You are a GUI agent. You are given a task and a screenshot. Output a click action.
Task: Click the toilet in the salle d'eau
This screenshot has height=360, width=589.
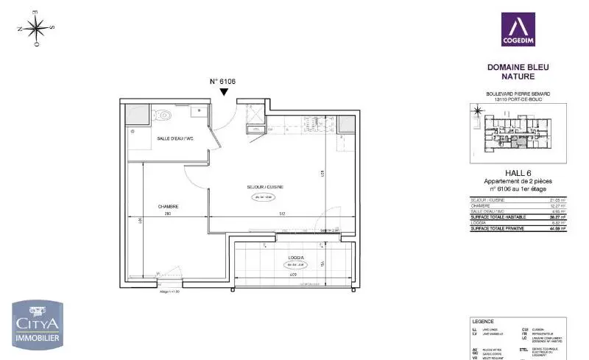click(x=163, y=114)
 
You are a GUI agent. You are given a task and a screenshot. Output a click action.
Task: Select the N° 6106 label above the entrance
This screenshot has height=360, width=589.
click(x=223, y=82)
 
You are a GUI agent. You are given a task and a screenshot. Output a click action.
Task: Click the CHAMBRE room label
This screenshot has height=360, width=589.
click(x=168, y=206)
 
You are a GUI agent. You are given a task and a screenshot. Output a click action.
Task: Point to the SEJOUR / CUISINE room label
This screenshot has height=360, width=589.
click(x=265, y=187)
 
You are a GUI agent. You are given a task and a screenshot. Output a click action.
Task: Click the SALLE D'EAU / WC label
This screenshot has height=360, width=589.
click(x=174, y=138)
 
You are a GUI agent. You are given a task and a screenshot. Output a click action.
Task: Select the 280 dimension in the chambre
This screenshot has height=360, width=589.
click(x=167, y=214)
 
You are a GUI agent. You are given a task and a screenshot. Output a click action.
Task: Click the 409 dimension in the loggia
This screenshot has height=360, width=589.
click(x=292, y=275)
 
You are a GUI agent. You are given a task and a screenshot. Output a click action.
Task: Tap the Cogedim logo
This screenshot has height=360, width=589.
click(x=518, y=29)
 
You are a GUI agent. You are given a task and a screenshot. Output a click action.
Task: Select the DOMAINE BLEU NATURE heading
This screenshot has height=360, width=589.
click(x=518, y=71)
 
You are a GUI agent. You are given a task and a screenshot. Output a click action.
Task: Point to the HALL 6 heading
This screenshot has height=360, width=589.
click(x=518, y=173)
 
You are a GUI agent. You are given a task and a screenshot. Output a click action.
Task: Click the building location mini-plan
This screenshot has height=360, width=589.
click(x=518, y=133)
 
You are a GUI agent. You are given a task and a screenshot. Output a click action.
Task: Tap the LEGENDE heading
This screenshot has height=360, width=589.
click(x=483, y=322)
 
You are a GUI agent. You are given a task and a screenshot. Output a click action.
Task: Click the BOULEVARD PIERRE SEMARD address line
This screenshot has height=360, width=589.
click(x=518, y=93)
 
